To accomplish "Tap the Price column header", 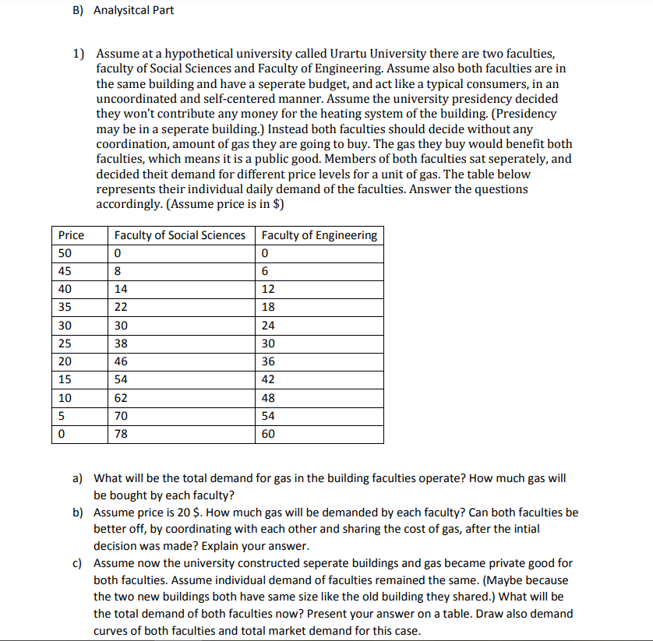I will pyautogui.click(x=71, y=235).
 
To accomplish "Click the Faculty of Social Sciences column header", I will pyautogui.click(x=179, y=235).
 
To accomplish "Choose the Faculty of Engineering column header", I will pyautogui.click(x=319, y=235).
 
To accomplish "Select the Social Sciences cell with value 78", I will pyautogui.click(x=121, y=435).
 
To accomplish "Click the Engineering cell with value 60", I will pyautogui.click(x=268, y=435).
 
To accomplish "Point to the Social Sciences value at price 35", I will pyautogui.click(x=121, y=308).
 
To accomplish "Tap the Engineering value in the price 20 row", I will pyautogui.click(x=268, y=362).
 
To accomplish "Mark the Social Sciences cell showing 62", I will pyautogui.click(x=121, y=398).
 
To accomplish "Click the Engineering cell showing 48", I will pyautogui.click(x=268, y=398).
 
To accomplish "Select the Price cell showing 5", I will pyautogui.click(x=62, y=416).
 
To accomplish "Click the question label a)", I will pyautogui.click(x=79, y=478).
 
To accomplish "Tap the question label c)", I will pyautogui.click(x=79, y=562).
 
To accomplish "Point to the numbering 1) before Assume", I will pyautogui.click(x=79, y=54).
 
